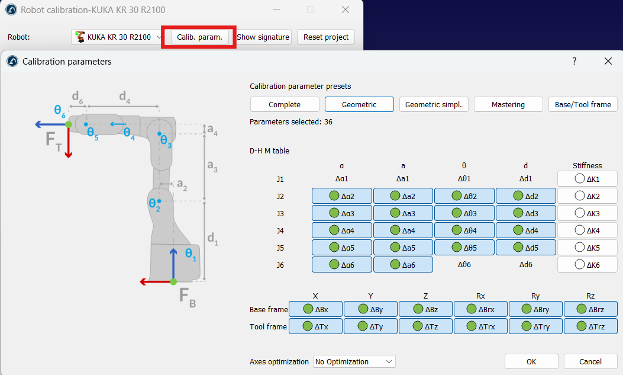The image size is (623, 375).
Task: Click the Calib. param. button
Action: coord(199,37)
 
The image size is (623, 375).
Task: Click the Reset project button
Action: coord(326,37)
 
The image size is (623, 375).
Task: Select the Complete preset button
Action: coord(285,104)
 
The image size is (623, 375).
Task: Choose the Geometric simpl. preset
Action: coord(434,104)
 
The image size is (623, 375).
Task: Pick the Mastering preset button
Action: coord(508,104)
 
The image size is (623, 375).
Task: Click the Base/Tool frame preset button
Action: coord(583,104)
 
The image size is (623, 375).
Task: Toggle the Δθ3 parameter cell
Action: coord(464,213)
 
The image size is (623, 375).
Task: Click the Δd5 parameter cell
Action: coord(525,248)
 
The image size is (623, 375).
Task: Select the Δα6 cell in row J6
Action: coord(342,265)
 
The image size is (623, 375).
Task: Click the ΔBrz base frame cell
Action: coord(590,309)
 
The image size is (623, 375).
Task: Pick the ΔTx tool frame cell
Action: coord(315,326)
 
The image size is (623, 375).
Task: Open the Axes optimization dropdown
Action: coord(354,361)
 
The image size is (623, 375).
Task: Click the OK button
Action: coord(531,361)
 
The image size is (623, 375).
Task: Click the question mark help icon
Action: coord(574,61)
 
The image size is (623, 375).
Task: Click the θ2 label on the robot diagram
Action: coord(154,205)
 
